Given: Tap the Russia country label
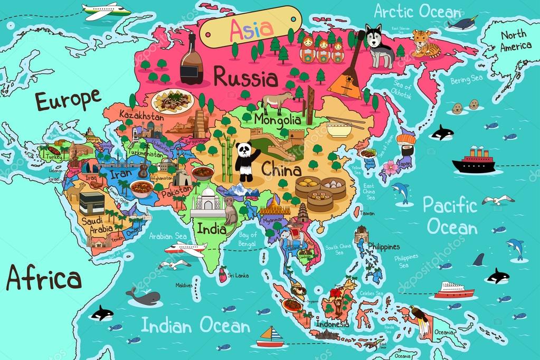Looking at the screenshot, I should point(245,78).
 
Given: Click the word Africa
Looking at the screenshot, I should point(44,278).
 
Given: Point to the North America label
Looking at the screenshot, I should point(516,40).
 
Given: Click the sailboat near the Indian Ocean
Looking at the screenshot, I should point(271,337).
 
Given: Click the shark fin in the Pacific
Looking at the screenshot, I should point(478,259).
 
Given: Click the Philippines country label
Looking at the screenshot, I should point(383,247).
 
